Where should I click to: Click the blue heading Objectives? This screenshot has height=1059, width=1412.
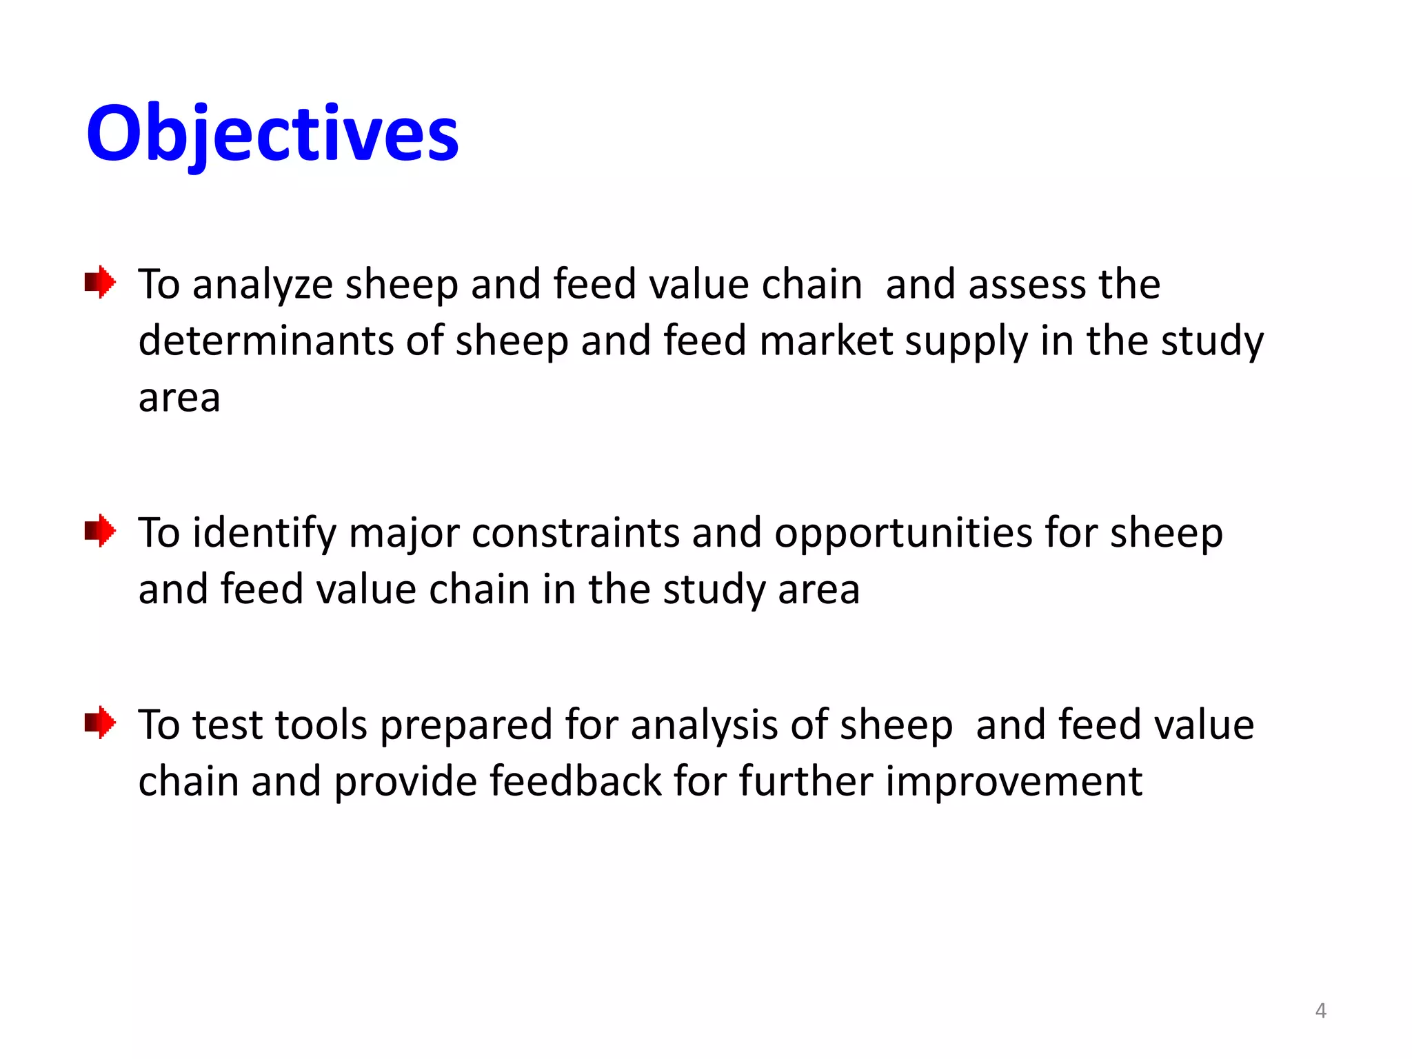pos(272,133)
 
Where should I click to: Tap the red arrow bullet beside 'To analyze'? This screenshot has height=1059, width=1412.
pos(100,282)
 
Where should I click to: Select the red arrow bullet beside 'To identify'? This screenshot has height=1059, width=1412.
pos(100,531)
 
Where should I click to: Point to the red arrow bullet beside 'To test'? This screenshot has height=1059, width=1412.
pos(100,723)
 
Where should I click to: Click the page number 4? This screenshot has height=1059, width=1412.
pos(1320,1011)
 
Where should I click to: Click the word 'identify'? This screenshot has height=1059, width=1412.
pos(264,534)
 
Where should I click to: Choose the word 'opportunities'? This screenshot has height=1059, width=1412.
pos(902,534)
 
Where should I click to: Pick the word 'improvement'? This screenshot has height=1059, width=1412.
pos(1013,783)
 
